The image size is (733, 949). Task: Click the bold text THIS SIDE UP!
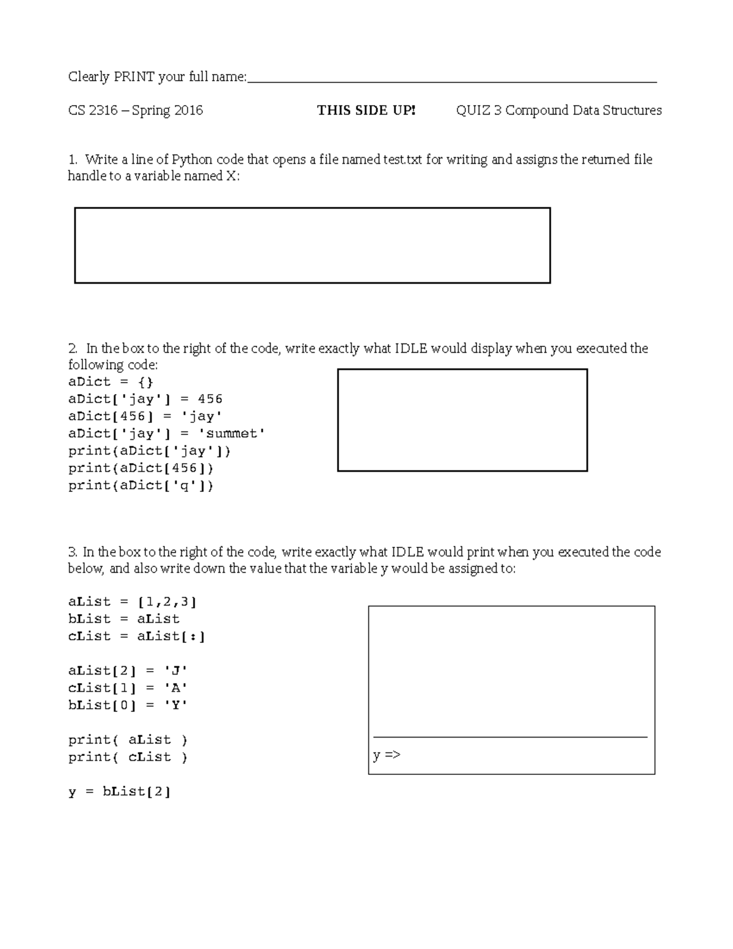click(366, 111)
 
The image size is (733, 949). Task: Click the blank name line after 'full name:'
click(452, 78)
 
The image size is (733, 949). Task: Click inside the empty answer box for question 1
click(312, 246)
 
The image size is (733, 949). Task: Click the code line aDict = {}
click(111, 382)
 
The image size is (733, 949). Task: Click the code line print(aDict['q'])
click(141, 486)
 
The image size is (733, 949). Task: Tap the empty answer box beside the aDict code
click(462, 420)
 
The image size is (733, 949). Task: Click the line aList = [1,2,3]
click(133, 602)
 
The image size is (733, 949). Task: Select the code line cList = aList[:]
click(137, 636)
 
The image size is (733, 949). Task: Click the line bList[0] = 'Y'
click(128, 705)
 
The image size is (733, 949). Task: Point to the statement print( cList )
click(128, 757)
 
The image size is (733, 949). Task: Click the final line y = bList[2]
click(119, 792)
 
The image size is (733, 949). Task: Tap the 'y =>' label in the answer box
click(387, 755)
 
